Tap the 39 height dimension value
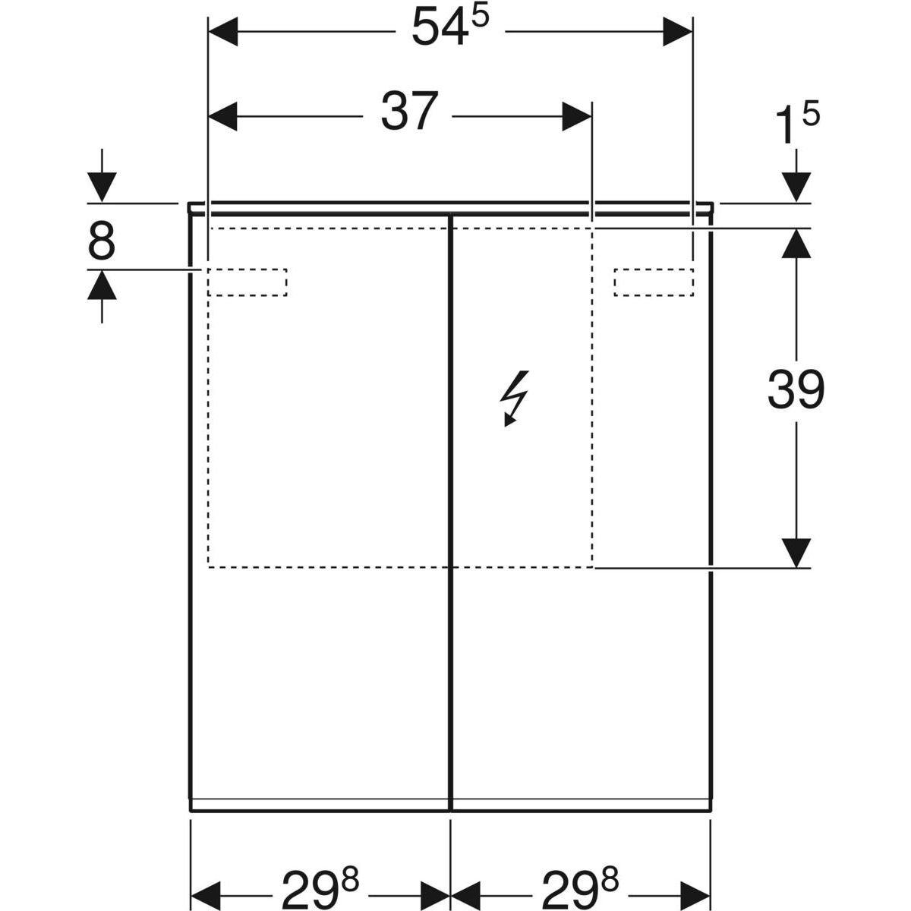click(796, 389)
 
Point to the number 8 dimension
click(102, 241)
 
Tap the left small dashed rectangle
click(247, 282)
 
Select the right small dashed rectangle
click(654, 282)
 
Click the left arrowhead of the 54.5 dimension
click(222, 32)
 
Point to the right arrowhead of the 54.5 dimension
click(677, 32)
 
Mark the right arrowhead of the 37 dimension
click(577, 116)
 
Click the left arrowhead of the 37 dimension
click(222, 116)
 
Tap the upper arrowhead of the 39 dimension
click(796, 243)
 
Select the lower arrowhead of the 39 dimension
click(796, 553)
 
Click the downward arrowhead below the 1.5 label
click(796, 188)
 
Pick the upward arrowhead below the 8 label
click(102, 285)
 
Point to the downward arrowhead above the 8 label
click(102, 188)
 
